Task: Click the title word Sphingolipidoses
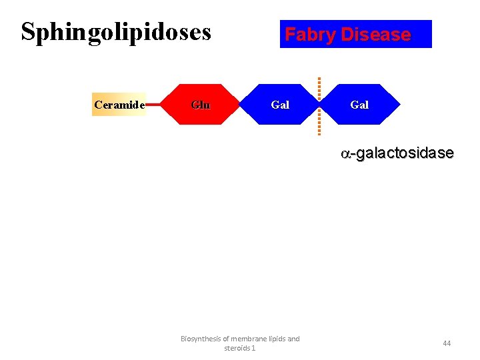pos(116,32)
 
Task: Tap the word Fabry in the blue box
pos(309,35)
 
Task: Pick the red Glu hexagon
pos(200,105)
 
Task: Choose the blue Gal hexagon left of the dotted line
pos(279,105)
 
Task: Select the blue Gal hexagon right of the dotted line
pos(359,105)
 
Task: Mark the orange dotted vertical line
pos(319,105)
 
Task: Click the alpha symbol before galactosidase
pos(345,154)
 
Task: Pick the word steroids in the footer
pos(237,348)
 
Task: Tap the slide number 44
pos(447,343)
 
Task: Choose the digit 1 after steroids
pos(253,348)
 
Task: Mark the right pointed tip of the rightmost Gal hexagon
pos(399,105)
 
